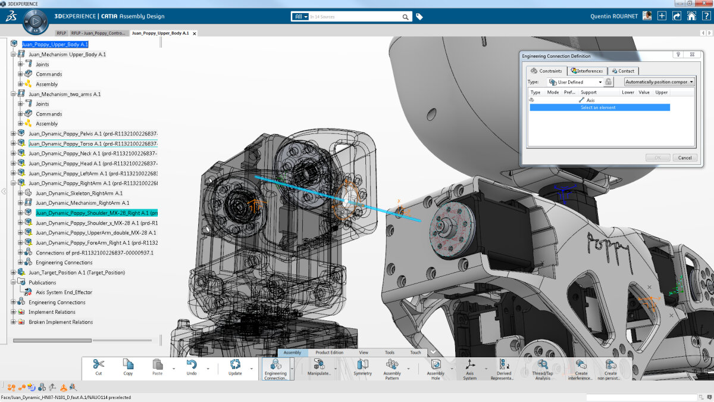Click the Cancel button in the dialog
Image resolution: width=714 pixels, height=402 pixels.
684,158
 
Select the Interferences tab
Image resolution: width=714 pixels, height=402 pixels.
587,71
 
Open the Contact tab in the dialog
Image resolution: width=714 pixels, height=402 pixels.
622,71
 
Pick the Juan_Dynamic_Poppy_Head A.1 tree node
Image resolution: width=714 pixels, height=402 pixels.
92,163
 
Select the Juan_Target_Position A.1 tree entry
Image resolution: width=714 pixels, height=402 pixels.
77,272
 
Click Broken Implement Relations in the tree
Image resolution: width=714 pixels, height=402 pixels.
61,322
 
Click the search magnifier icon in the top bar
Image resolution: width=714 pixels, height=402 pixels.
406,17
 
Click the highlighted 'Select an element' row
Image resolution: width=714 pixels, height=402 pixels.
599,108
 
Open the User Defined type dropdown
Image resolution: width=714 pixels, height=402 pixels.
576,82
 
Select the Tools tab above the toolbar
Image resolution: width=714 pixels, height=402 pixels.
389,353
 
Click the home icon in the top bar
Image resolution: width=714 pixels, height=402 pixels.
691,16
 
